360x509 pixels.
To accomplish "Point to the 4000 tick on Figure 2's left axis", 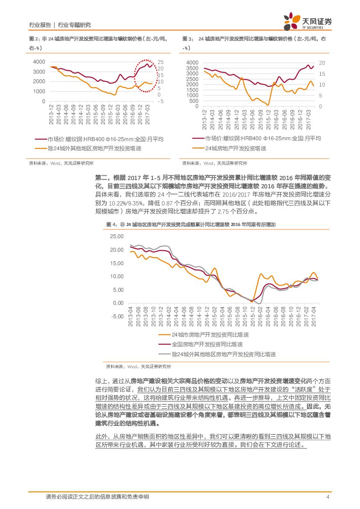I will click(39, 62).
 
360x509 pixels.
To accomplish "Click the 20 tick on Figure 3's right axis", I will click(322, 63).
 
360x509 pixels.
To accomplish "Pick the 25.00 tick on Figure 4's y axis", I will click(117, 236).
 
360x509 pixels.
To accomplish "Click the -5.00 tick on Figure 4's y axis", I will click(117, 317).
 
